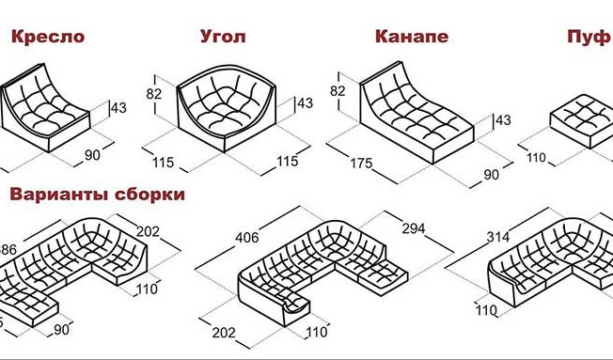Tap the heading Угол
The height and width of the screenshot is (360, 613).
coord(224,38)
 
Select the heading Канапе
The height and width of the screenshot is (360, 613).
coord(411,38)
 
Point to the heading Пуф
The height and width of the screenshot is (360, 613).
coord(588,38)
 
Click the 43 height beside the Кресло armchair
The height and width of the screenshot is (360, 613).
coord(118,109)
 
